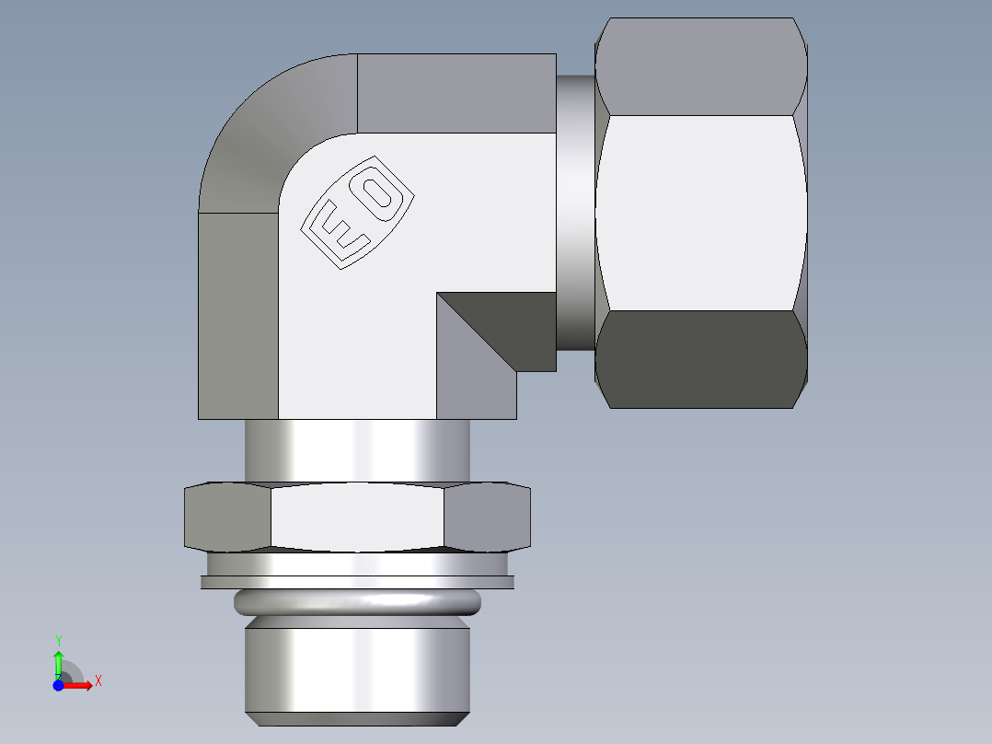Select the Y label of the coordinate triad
58,639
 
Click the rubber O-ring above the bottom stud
357,603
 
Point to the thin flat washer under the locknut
357,582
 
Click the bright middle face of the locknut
357,517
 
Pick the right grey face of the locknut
488,517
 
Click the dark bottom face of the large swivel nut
701,359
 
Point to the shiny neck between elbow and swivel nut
575,212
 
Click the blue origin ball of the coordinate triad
58,686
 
